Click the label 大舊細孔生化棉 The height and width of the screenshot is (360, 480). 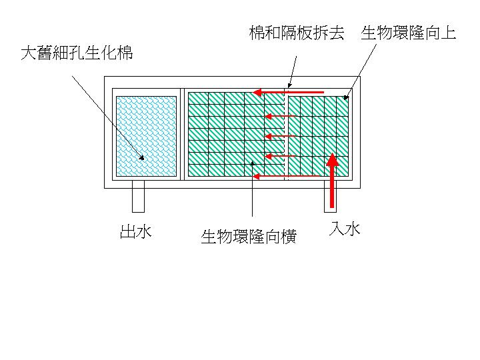77,53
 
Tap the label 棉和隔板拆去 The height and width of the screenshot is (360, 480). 297,33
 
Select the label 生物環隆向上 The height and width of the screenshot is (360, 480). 409,33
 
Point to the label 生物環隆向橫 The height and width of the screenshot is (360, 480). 249,237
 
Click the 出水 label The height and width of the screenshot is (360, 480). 135,231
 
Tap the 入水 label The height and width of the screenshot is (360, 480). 345,229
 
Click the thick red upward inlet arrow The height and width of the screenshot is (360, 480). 332,180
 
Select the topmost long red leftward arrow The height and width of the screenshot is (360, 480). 289,92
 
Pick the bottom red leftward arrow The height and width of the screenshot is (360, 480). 286,176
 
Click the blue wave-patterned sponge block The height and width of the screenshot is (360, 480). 146,136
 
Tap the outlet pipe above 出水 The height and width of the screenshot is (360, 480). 138,196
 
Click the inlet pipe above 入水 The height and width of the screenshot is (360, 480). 330,196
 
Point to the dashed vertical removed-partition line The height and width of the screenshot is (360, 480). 285,134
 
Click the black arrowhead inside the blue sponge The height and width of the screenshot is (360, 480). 142,157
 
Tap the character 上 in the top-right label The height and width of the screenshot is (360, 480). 449,33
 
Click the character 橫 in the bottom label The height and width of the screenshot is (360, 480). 289,237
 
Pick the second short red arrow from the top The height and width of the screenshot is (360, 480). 280,116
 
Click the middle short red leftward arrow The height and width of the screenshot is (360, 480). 280,136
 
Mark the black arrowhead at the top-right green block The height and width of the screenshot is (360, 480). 346,97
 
